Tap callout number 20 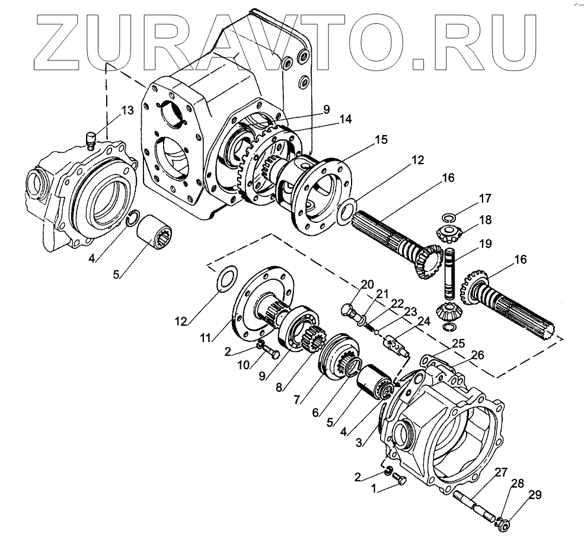point(368,285)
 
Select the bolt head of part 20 point(348,311)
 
